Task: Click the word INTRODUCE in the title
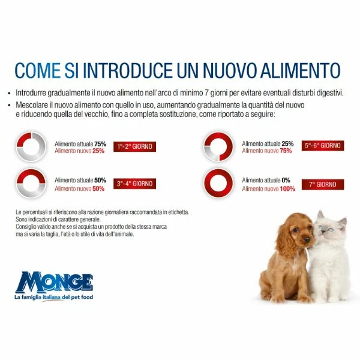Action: tap(128, 70)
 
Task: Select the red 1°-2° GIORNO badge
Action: tap(134, 146)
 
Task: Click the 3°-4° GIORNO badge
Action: tap(134, 184)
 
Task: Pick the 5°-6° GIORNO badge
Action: tap(323, 146)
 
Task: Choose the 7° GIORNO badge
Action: tap(323, 185)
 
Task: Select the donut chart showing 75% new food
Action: tap(229, 146)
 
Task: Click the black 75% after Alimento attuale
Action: tap(100, 144)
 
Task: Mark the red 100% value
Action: tap(287, 189)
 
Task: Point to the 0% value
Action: tap(286, 180)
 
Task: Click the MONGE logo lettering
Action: tap(54, 283)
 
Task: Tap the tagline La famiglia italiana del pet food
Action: tap(54, 297)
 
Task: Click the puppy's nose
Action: tap(307, 240)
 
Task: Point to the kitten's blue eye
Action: tap(331, 230)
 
